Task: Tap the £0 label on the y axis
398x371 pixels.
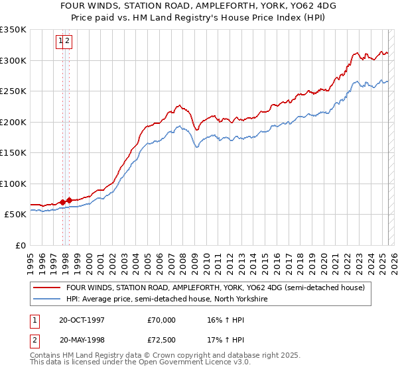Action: pyautogui.click(x=20, y=245)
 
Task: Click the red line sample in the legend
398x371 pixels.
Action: pyautogui.click(x=47, y=288)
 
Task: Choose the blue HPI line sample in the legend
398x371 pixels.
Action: pyautogui.click(x=47, y=299)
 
